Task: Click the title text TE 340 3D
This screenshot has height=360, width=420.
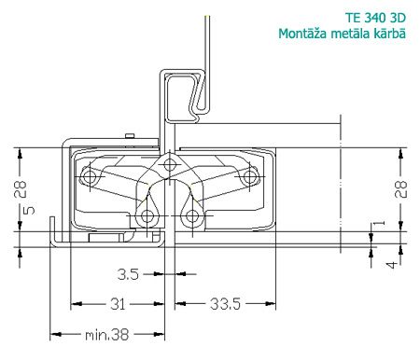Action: coord(375,18)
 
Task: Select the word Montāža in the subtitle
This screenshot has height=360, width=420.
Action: coord(302,34)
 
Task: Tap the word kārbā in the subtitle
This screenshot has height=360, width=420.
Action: coord(390,34)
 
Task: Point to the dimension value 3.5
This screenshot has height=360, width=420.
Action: coord(128,274)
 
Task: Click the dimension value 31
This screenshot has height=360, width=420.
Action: coord(118,304)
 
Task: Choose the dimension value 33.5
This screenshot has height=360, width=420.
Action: coord(225,304)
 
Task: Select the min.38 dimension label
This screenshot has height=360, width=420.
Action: coord(106,335)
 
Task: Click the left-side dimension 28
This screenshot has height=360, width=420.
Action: coord(21,189)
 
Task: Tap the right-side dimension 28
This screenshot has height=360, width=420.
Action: coord(400,189)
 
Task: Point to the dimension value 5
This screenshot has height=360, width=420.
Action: coord(29,211)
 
